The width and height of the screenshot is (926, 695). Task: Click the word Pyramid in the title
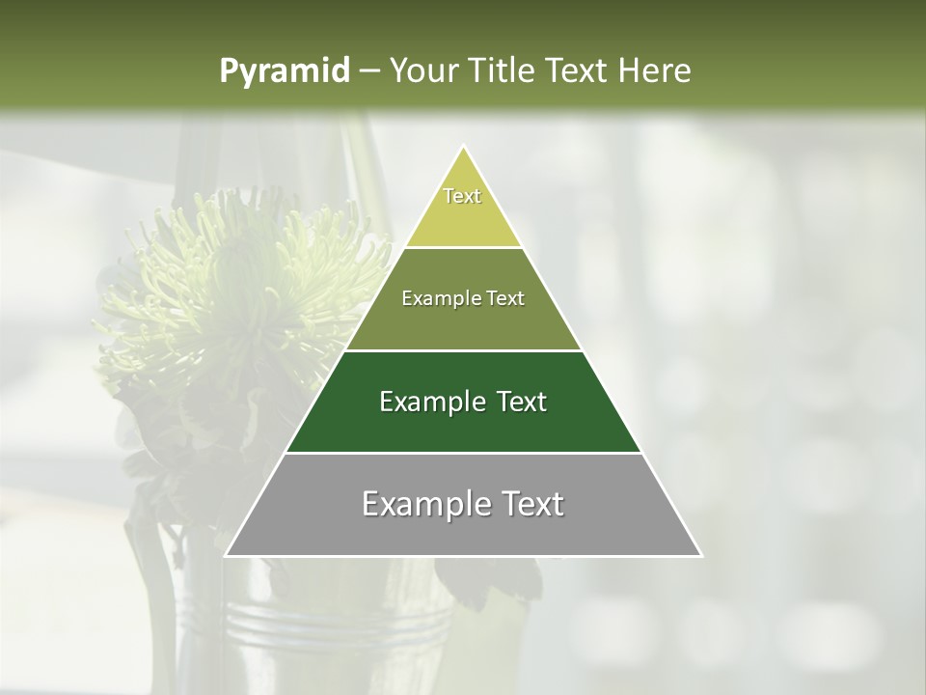pos(284,71)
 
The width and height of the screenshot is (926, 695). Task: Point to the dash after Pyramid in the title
pos(370,71)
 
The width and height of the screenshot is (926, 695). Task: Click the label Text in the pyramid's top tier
pos(462,196)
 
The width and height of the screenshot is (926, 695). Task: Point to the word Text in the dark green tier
pos(522,402)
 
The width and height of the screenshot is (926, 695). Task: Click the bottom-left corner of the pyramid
pos(226,556)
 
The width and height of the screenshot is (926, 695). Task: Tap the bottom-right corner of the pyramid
pos(701,556)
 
